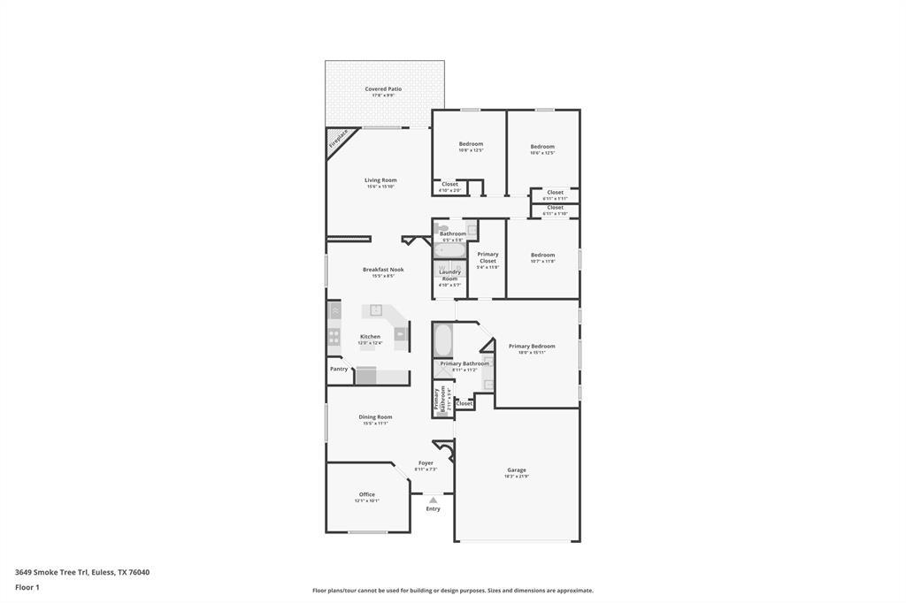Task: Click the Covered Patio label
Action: point(383,88)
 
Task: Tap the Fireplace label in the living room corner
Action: point(339,140)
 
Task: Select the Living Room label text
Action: point(380,180)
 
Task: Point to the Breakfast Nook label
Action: point(383,270)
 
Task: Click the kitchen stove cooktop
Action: point(334,336)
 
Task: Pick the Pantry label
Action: point(339,369)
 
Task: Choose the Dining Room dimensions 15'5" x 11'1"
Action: point(375,424)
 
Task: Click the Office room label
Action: point(367,494)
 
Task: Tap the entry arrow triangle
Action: point(433,500)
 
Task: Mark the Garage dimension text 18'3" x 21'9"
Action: point(517,477)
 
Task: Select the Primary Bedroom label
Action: point(532,346)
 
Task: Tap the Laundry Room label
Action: point(450,275)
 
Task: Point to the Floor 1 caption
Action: point(27,587)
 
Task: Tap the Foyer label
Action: point(426,462)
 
